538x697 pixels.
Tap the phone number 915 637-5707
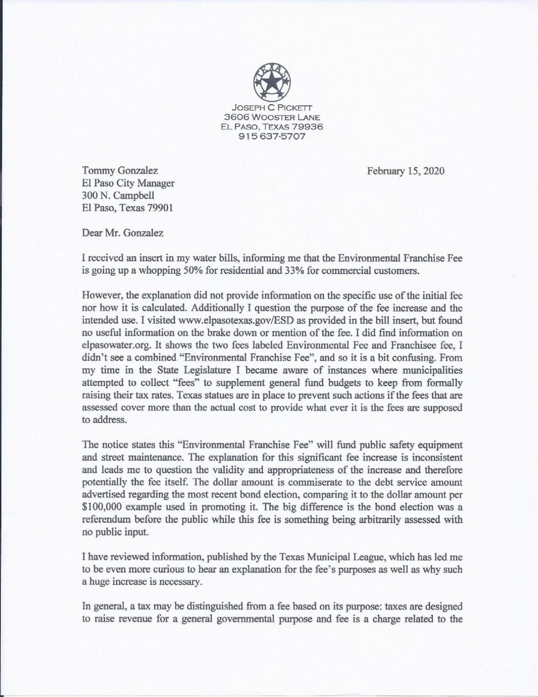[272, 136]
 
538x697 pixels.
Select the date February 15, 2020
[406, 171]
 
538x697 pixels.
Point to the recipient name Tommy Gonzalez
[120, 171]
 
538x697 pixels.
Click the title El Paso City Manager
[128, 183]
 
